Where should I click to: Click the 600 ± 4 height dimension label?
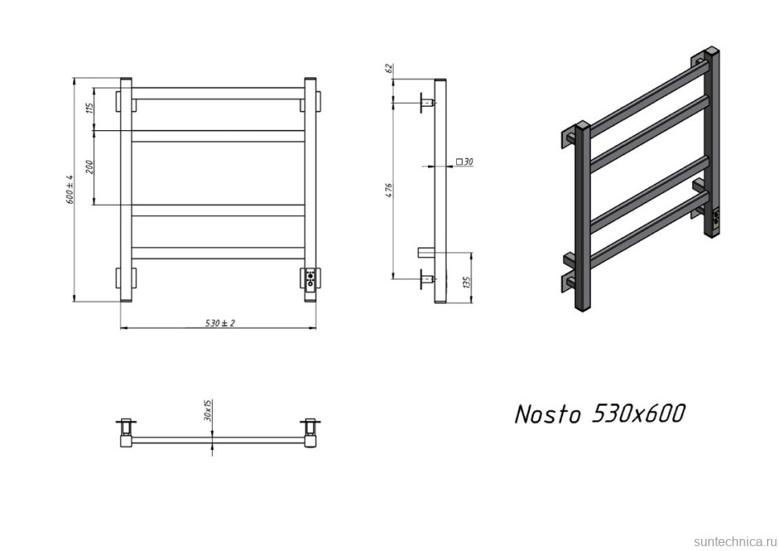coord(70,190)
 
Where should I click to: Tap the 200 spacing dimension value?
coord(91,167)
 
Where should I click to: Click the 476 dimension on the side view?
coord(389,190)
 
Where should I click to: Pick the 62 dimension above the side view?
coord(389,69)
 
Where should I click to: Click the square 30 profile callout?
coord(464,162)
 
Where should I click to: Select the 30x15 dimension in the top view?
coord(208,410)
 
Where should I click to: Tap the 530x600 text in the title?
coord(638,414)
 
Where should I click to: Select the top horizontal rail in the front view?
coord(217,93)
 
